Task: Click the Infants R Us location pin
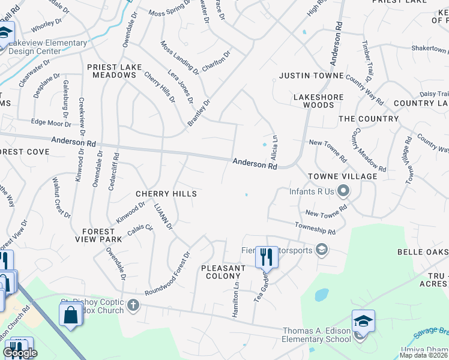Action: tap(343, 192)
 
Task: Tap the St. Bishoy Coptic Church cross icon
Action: tap(133, 306)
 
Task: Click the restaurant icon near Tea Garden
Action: tap(266, 257)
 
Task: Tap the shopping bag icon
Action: tap(70, 314)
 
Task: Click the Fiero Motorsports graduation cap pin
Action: tap(322, 250)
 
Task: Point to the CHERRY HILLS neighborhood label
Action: tap(166, 194)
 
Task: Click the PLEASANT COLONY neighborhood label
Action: tap(223, 272)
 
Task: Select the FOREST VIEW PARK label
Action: tap(98, 235)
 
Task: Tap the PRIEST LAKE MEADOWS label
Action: tap(112, 71)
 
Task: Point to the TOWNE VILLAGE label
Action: tap(343, 176)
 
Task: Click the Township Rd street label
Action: tap(315, 228)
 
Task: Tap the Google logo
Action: tap(20, 352)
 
